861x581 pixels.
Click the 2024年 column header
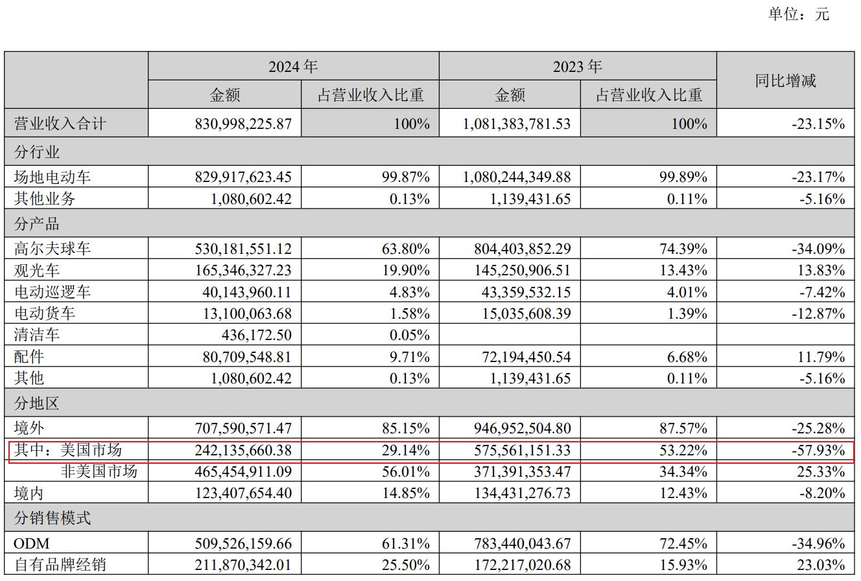point(293,67)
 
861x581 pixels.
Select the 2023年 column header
point(577,67)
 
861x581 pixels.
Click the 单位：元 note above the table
point(799,14)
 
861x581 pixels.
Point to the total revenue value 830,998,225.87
point(243,124)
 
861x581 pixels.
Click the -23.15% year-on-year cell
point(818,124)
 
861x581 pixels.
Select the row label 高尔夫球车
point(53,249)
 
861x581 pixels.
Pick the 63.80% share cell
point(408,249)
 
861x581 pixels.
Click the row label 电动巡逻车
point(53,292)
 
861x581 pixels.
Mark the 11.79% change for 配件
point(821,357)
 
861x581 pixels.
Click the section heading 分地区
point(37,404)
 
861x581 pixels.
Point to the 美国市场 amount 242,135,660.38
point(243,450)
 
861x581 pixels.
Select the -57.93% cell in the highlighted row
point(818,450)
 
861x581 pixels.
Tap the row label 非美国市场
point(99,472)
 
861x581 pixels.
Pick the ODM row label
point(31,543)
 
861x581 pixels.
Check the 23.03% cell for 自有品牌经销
point(821,565)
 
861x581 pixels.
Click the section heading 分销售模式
point(53,518)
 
